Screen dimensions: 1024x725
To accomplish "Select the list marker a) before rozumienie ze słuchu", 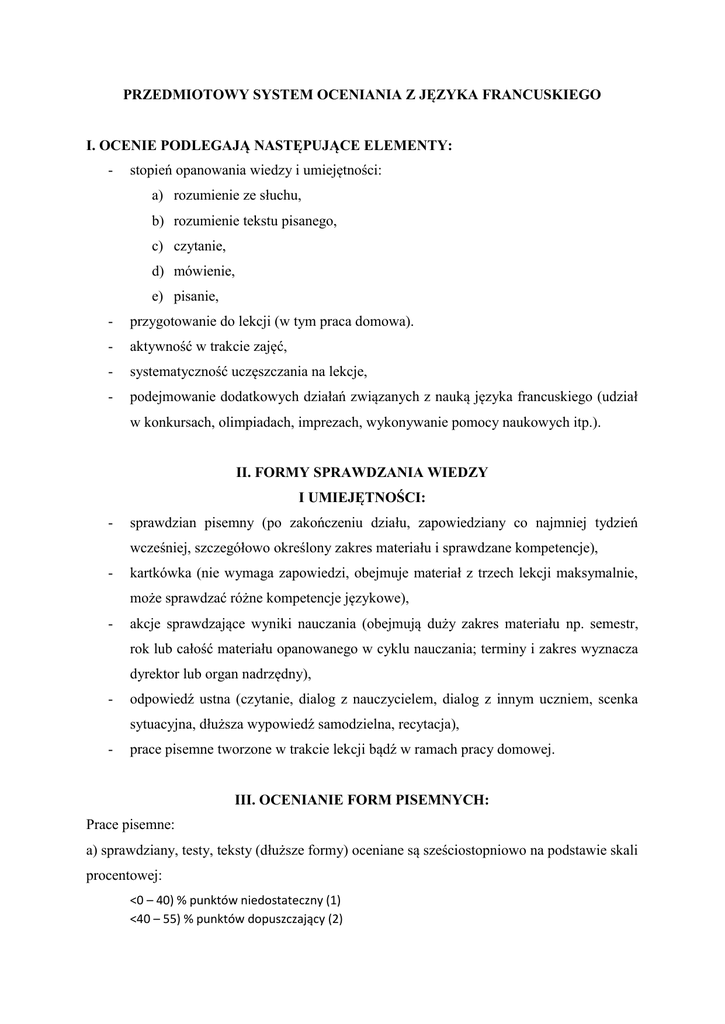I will [x=158, y=196].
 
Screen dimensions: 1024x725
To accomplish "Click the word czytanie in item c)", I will [x=200, y=246].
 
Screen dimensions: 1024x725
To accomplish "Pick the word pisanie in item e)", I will [x=196, y=296].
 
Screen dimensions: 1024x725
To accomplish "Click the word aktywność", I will [x=162, y=346].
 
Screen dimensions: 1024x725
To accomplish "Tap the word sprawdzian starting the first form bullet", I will [x=164, y=523].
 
